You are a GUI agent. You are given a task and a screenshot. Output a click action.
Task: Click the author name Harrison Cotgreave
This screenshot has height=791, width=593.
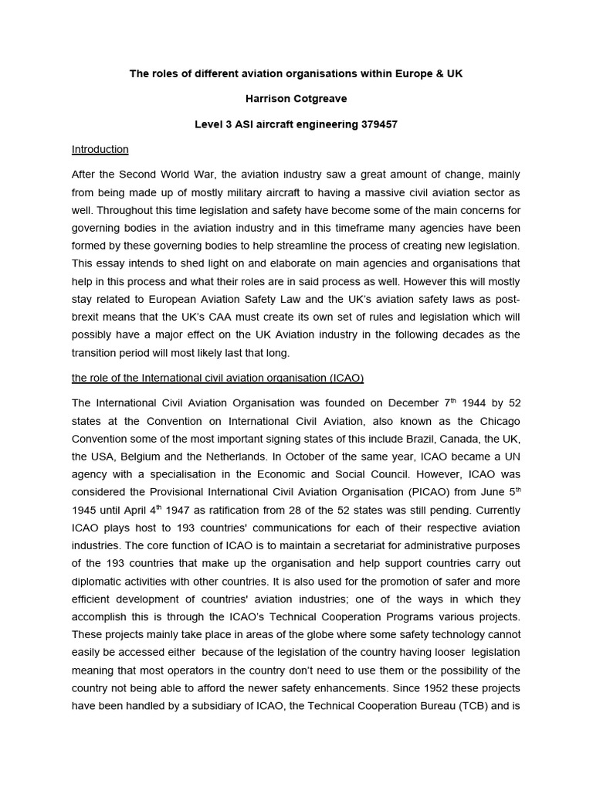click(296, 98)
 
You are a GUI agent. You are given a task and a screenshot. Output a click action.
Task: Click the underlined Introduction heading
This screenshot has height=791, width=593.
click(100, 149)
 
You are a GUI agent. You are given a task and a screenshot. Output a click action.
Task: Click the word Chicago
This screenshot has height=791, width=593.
click(499, 420)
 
